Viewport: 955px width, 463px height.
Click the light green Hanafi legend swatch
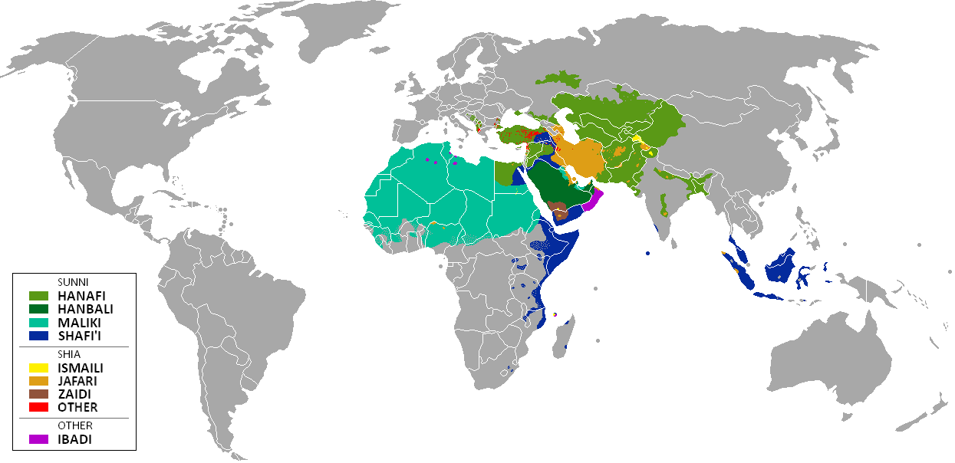tap(38, 295)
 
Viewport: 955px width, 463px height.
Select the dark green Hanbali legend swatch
tap(38, 309)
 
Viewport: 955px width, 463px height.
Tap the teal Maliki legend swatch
tap(38, 322)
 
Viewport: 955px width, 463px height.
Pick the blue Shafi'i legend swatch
tap(38, 335)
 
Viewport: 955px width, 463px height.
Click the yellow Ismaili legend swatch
tap(38, 367)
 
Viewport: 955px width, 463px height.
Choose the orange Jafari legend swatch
tap(38, 380)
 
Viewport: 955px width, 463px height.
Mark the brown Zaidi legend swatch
tap(38, 394)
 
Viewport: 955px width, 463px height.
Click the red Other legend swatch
tap(38, 407)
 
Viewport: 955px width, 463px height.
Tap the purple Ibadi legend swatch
tap(38, 440)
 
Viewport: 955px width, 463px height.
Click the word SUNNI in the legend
tap(73, 282)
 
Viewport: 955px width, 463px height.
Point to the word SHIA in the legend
tap(70, 354)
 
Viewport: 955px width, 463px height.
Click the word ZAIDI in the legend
tap(74, 394)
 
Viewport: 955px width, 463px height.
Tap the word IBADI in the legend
tap(75, 440)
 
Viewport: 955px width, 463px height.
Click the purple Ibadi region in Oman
tap(593, 202)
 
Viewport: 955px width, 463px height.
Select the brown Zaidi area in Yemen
tap(561, 209)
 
